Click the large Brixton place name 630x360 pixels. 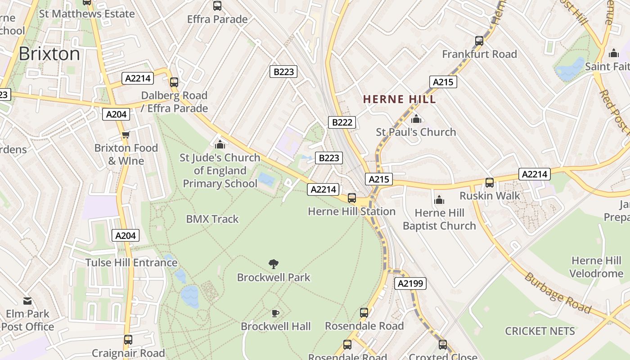pos(49,54)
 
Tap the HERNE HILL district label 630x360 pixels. pos(400,99)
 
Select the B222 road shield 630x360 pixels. pos(343,122)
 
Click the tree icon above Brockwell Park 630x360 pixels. pos(273,264)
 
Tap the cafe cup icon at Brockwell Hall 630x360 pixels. pos(275,313)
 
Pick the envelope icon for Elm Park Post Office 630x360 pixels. pos(27,301)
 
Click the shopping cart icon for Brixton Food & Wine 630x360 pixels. pos(126,135)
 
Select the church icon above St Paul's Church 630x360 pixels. pos(416,119)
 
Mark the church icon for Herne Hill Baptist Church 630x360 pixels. pos(439,200)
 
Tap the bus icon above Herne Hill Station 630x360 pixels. pos(352,198)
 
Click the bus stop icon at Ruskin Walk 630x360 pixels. pos(490,183)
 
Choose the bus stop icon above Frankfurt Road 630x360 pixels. pos(479,41)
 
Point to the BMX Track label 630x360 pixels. pos(212,219)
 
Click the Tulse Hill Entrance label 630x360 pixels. pos(131,262)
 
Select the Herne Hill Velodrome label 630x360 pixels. pos(596,267)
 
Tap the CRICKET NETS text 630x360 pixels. pos(540,331)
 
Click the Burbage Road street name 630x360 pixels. pos(558,292)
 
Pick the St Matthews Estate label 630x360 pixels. pos(87,13)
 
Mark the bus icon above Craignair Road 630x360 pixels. pos(128,340)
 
